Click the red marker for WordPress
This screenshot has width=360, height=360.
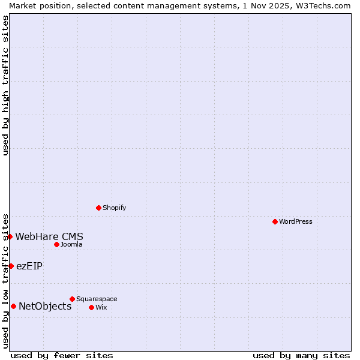275,221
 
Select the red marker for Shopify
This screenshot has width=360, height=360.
98,208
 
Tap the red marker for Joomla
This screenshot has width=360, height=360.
56,244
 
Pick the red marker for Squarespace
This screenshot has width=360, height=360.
72,299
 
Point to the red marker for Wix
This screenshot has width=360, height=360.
91,307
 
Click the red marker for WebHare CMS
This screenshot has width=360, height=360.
10,236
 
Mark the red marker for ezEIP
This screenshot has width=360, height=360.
11,266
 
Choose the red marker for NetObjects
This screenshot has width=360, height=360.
13,306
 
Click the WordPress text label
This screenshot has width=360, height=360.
295,221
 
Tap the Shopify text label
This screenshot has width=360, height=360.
114,208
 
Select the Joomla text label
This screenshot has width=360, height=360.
71,244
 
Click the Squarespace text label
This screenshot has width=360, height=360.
97,299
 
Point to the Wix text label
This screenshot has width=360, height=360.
101,307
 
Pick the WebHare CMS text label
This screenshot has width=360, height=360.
49,236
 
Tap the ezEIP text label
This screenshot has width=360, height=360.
29,266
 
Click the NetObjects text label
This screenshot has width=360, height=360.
45,306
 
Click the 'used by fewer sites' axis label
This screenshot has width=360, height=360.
62,355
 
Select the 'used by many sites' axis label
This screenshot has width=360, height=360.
301,355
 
